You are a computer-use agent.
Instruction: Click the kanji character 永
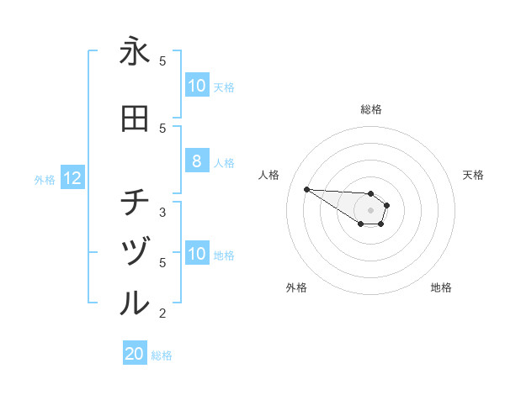click(x=135, y=52)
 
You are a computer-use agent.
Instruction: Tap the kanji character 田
click(x=135, y=119)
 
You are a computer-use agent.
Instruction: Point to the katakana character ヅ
click(x=135, y=252)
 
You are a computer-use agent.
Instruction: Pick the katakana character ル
click(x=135, y=303)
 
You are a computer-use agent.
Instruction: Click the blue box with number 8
click(x=196, y=161)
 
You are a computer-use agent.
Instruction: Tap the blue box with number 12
click(x=72, y=178)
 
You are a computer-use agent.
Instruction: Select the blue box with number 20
click(x=135, y=355)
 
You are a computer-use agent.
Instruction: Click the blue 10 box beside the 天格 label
click(x=196, y=86)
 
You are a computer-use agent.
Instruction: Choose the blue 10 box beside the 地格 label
click(x=196, y=254)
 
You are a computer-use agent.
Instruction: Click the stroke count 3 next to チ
click(x=162, y=212)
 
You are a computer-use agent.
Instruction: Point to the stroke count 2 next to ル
click(x=162, y=313)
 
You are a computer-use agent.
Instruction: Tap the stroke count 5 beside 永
click(x=162, y=61)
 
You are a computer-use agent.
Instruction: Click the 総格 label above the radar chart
click(x=370, y=109)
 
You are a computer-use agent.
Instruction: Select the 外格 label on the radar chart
click(x=296, y=287)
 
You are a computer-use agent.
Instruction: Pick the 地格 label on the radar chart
click(x=441, y=287)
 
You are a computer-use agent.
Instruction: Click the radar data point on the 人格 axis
click(x=306, y=189)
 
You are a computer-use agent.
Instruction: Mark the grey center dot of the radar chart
click(x=370, y=210)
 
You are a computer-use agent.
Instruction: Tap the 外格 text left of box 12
click(x=45, y=179)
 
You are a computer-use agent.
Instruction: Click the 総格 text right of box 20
click(x=162, y=355)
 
